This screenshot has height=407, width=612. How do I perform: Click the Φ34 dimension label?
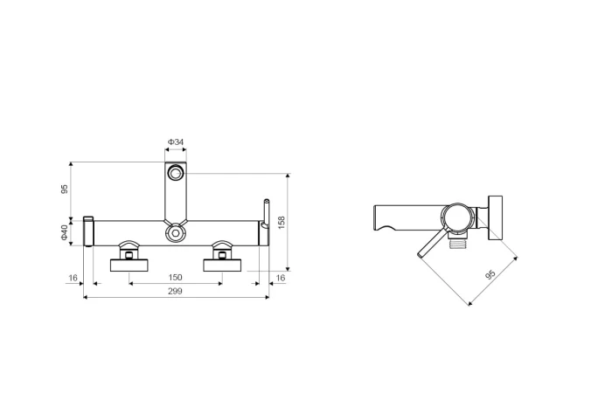pyautogui.click(x=176, y=141)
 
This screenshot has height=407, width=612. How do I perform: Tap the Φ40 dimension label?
pyautogui.click(x=65, y=232)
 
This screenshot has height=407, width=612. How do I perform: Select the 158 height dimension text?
pyautogui.click(x=282, y=222)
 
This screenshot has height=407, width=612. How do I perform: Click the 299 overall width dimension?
pyautogui.click(x=175, y=291)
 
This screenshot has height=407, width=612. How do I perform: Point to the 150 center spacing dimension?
pyautogui.click(x=175, y=277)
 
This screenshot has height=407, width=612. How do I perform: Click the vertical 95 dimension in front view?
pyautogui.click(x=65, y=189)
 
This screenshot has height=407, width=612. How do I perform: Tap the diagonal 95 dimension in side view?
pyautogui.click(x=490, y=274)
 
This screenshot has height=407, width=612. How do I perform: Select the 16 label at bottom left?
pyautogui.click(x=73, y=278)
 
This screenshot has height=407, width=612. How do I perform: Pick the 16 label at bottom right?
pyautogui.click(x=281, y=278)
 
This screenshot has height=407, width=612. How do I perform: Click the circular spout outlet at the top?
pyautogui.click(x=176, y=173)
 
